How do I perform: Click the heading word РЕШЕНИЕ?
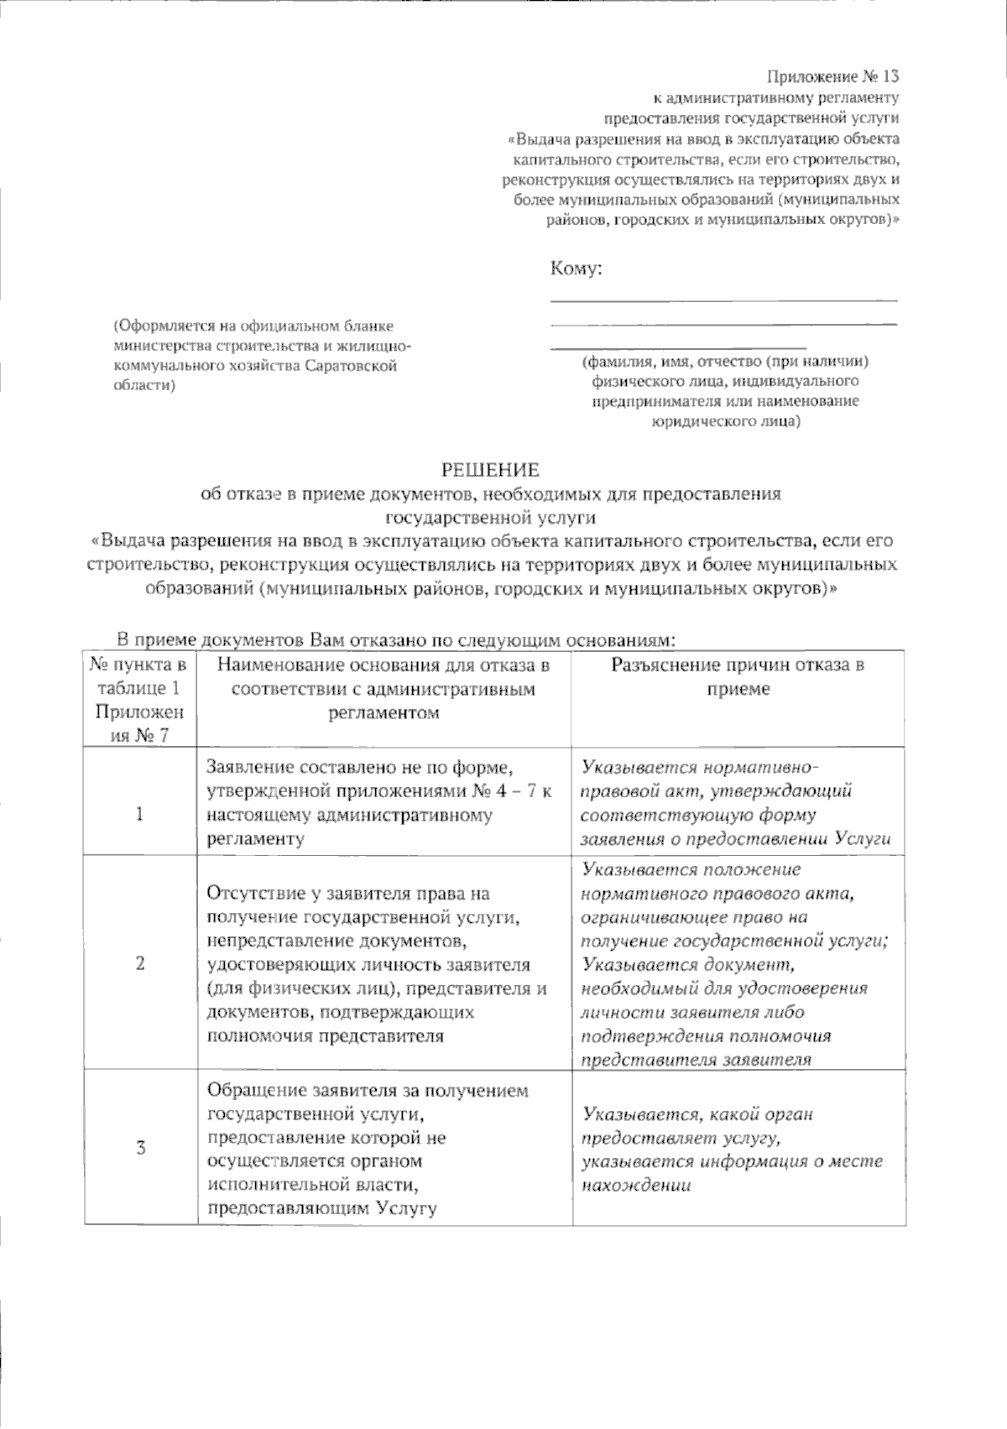point(492,469)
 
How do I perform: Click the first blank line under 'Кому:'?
point(723,299)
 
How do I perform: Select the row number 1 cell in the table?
point(139,814)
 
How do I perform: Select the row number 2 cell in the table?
point(139,962)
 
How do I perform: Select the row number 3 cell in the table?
point(139,1149)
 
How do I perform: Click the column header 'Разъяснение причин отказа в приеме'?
point(738,676)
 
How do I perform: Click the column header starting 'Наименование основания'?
point(383,689)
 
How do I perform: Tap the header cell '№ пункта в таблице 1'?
point(139,676)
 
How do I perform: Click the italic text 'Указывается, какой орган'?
point(697,1114)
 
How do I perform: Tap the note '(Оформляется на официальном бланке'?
point(253,325)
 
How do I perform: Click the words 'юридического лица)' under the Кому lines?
point(725,421)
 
